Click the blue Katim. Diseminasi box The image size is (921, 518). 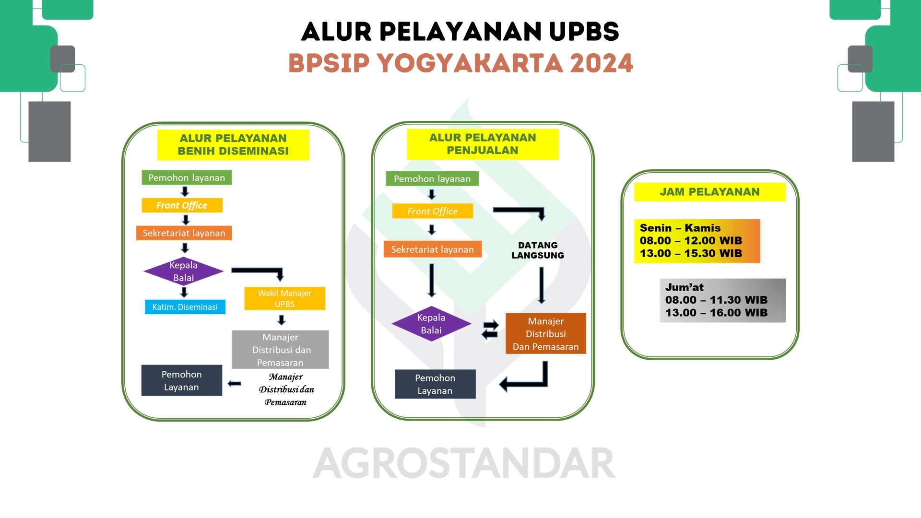pyautogui.click(x=185, y=307)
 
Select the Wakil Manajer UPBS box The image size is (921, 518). pyautogui.click(x=285, y=298)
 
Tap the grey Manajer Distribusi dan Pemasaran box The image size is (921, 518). pyautogui.click(x=280, y=350)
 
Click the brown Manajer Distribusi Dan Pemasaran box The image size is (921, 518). pyautogui.click(x=546, y=334)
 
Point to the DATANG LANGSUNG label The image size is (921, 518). pyautogui.click(x=538, y=250)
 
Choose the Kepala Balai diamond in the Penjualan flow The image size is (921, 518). pyautogui.click(x=431, y=324)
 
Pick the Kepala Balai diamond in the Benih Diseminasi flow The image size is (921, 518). pyautogui.click(x=184, y=271)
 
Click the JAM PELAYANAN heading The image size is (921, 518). pyautogui.click(x=710, y=192)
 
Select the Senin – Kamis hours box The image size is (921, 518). pyautogui.click(x=697, y=241)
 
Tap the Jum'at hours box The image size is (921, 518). pyautogui.click(x=722, y=301)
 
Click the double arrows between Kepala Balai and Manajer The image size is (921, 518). pyautogui.click(x=490, y=330)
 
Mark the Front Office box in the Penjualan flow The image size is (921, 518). pyautogui.click(x=433, y=211)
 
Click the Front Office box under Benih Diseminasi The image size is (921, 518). pyautogui.click(x=182, y=205)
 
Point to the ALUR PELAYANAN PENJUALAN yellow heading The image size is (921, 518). pyautogui.click(x=483, y=144)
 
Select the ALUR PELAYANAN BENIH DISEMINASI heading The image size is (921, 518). pyautogui.click(x=233, y=145)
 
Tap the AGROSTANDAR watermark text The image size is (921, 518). pyautogui.click(x=464, y=463)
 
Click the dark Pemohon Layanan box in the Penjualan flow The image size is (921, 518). pyautogui.click(x=435, y=384)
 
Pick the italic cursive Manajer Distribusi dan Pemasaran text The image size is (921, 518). pyautogui.click(x=286, y=389)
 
